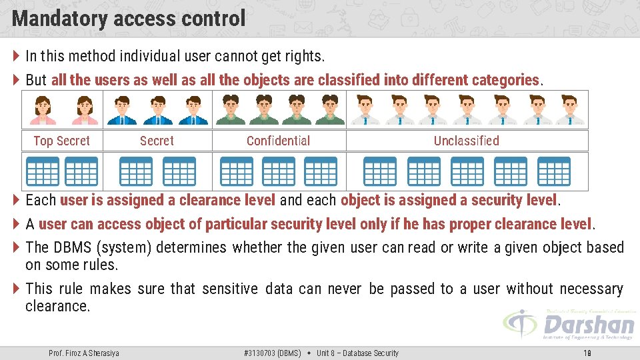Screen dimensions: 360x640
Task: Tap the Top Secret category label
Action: click(61, 141)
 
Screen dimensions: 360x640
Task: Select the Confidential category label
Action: click(278, 141)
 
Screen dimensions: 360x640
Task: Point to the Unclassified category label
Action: click(466, 141)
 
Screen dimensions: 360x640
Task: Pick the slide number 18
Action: click(587, 353)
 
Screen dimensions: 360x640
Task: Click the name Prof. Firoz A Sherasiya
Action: click(84, 353)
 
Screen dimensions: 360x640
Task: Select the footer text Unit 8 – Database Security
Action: click(357, 353)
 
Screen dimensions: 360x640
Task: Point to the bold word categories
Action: click(505, 80)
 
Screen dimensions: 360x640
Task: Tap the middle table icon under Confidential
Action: click(279, 171)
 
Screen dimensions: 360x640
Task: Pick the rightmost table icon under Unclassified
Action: click(554, 171)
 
